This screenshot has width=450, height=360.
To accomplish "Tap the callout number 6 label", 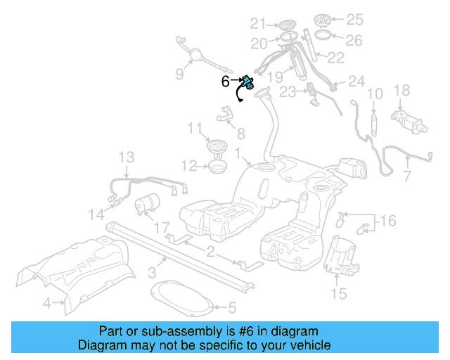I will (x=225, y=82).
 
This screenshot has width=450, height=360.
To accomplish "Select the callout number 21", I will (x=259, y=23).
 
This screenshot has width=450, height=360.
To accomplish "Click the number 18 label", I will (x=401, y=90).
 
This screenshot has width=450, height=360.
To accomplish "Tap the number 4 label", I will (x=46, y=304).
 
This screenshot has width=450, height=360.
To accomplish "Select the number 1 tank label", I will (x=239, y=153).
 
